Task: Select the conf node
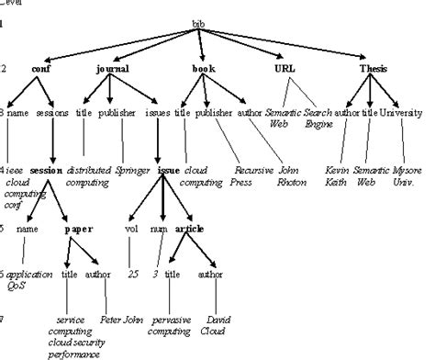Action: (41, 69)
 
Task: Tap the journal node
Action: (113, 69)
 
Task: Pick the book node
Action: (204, 69)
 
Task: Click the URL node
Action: (284, 69)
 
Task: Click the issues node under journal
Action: (157, 114)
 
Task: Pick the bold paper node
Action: (79, 230)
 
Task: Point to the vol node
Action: (130, 230)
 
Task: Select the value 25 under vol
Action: (132, 274)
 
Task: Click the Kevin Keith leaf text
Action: (338, 175)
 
